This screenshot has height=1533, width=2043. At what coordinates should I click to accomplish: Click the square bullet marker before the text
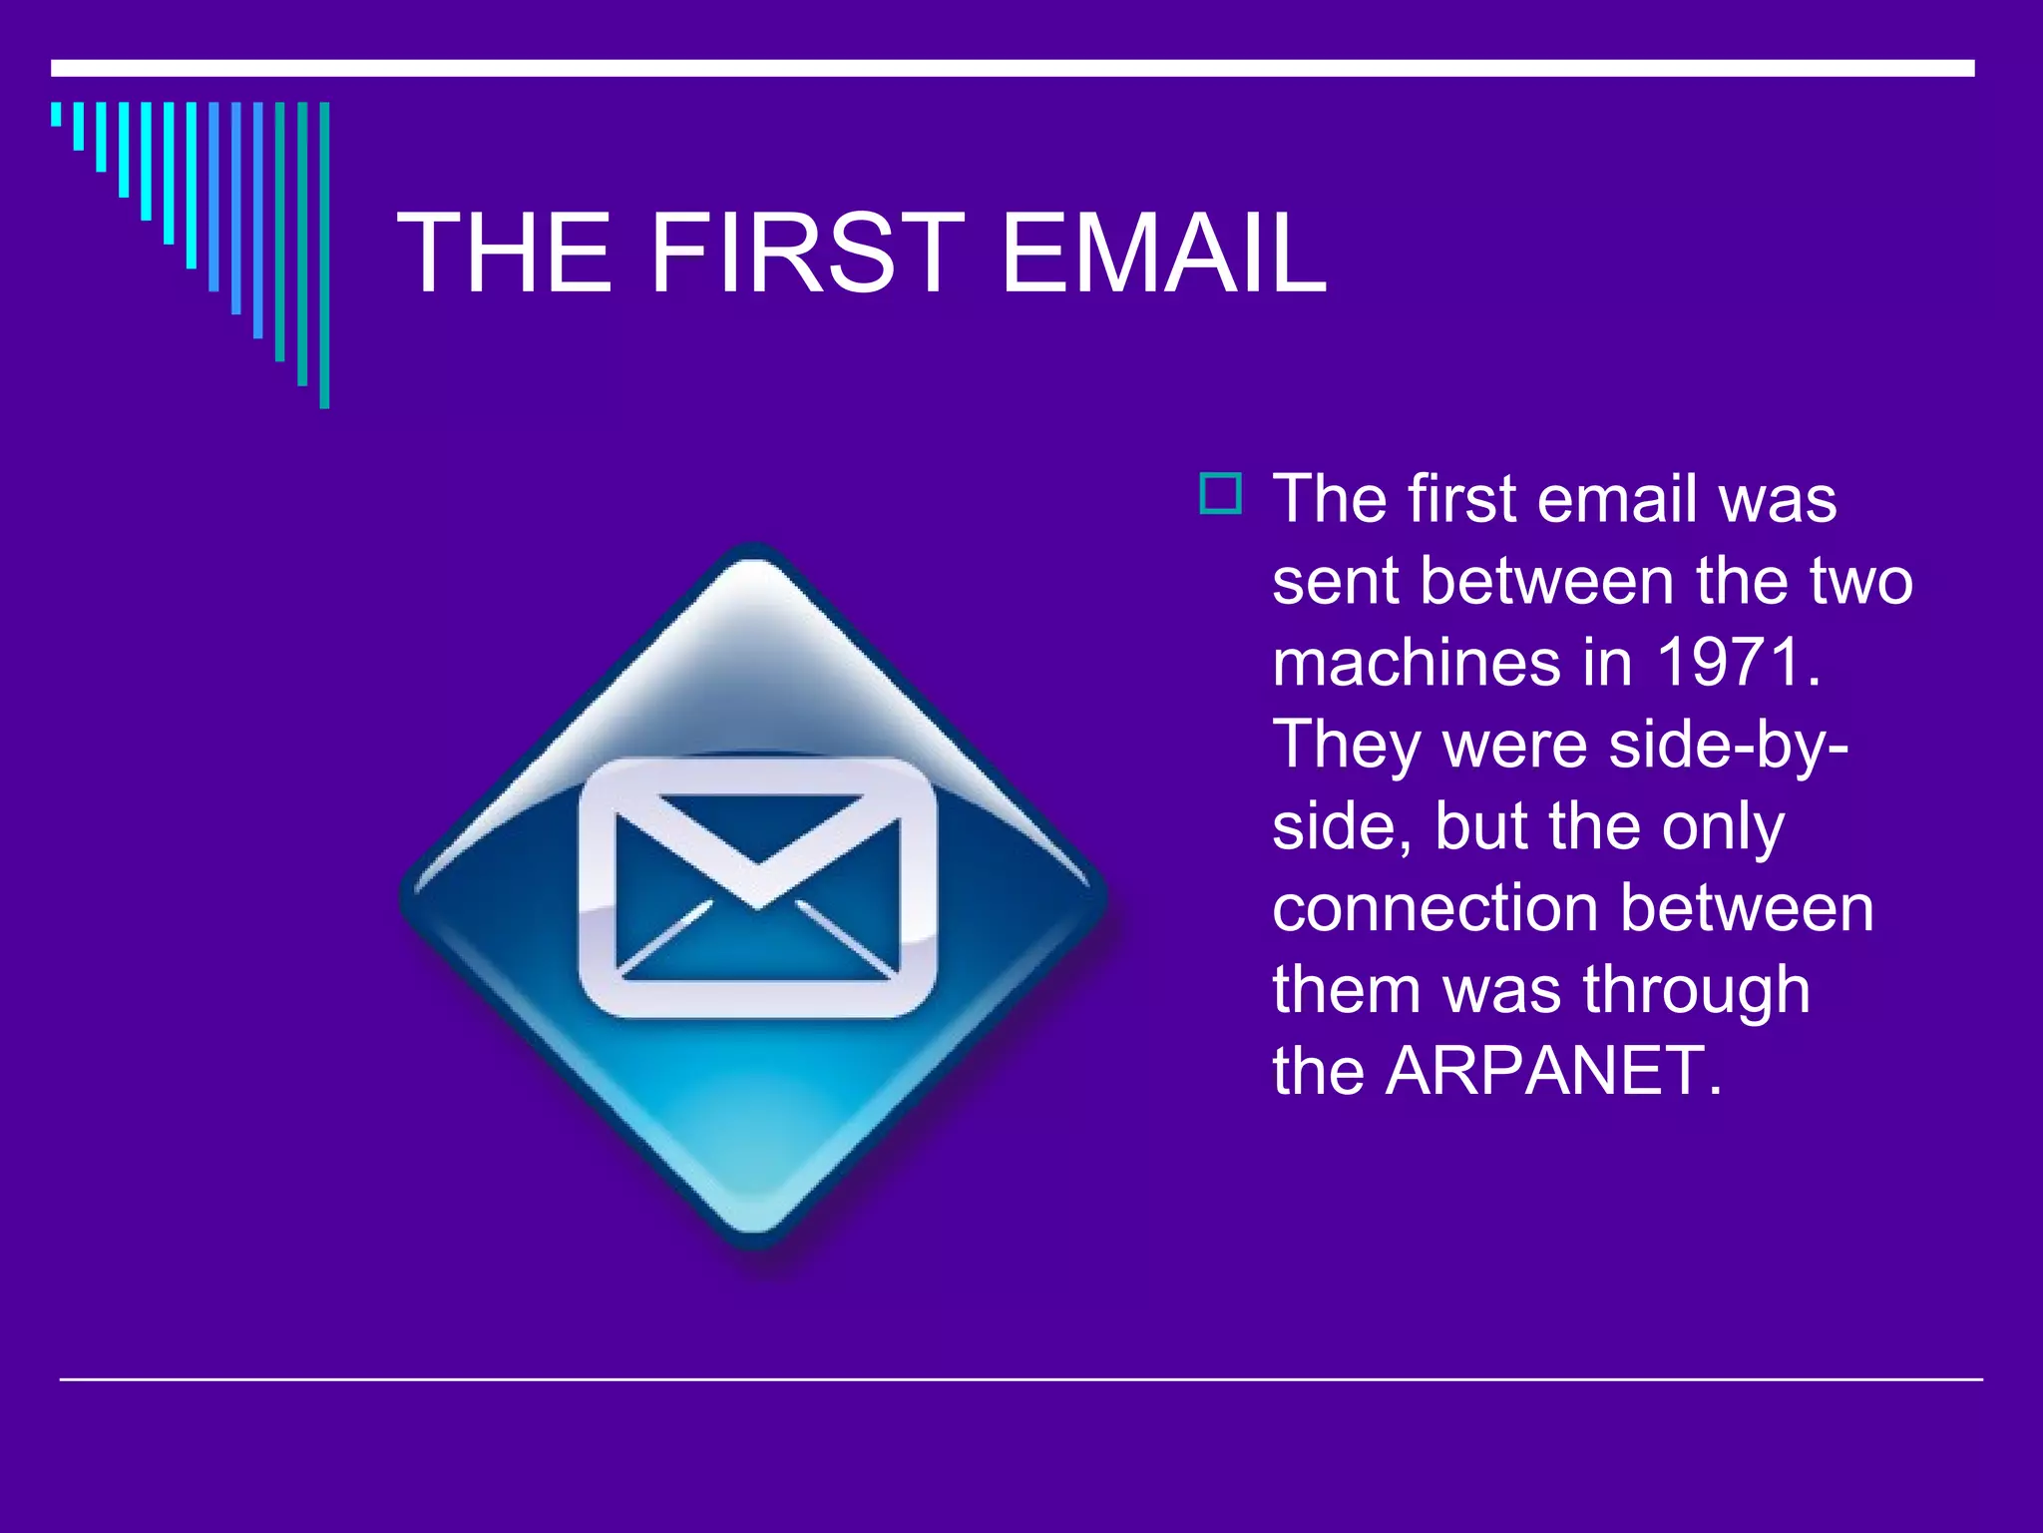(1221, 494)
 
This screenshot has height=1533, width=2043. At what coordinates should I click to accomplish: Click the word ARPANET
(1553, 1071)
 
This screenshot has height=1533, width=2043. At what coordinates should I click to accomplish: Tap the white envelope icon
(757, 887)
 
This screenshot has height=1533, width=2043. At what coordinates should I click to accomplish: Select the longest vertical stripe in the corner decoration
(324, 255)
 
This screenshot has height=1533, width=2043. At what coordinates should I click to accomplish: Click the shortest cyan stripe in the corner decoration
(56, 114)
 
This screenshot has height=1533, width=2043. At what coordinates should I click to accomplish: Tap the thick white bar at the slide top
(1013, 68)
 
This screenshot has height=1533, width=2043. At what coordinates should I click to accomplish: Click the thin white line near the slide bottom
(1021, 1379)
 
